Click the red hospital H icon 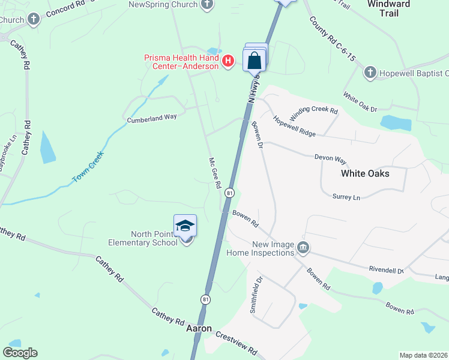[228, 61]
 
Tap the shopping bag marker [255, 60]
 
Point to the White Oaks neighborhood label [365, 173]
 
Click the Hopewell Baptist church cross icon [370, 73]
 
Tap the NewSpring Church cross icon [207, 5]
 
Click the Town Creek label [88, 167]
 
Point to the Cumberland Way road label [151, 118]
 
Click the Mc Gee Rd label [214, 174]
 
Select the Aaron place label [199, 328]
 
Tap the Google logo [20, 353]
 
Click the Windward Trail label [388, 8]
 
